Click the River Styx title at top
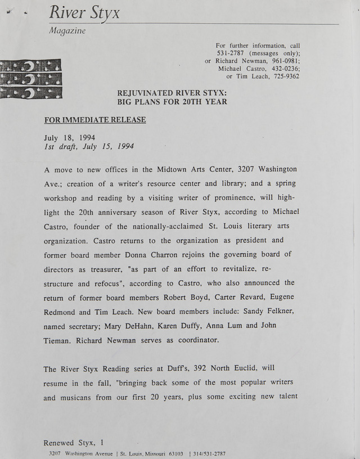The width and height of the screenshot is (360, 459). tap(84, 12)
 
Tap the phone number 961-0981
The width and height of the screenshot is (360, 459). tap(285, 61)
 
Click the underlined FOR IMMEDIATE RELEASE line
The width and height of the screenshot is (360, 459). tap(95, 120)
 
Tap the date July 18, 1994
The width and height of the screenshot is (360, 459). tap(69, 137)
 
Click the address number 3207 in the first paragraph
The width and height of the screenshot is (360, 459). tap(249, 169)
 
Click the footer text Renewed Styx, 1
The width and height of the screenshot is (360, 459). tap(73, 443)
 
